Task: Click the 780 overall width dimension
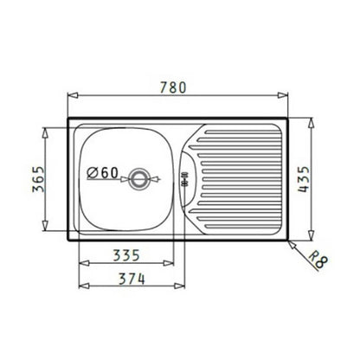pyautogui.click(x=173, y=87)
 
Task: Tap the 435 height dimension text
pyautogui.click(x=304, y=179)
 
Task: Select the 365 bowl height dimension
pyautogui.click(x=38, y=179)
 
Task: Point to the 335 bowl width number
pyautogui.click(x=126, y=255)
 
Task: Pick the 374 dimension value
pyautogui.click(x=132, y=279)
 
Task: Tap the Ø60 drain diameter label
pyautogui.click(x=103, y=173)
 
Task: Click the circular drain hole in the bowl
pyautogui.click(x=140, y=179)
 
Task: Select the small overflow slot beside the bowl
pyautogui.click(x=184, y=179)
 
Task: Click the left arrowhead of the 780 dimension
pyautogui.click(x=73, y=95)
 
